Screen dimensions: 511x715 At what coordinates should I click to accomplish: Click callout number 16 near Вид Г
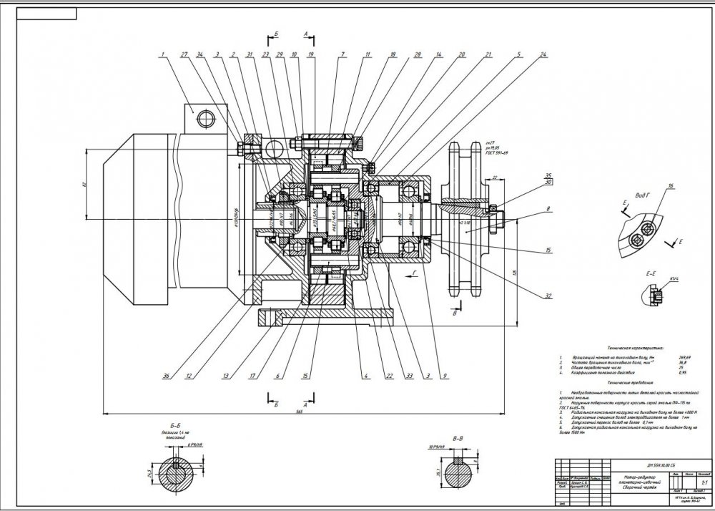coord(671,187)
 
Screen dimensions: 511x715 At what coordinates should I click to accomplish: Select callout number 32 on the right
coord(548,295)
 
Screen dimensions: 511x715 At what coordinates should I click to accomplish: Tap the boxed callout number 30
coord(548,182)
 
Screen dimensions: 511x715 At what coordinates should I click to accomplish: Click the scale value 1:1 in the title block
coord(704,484)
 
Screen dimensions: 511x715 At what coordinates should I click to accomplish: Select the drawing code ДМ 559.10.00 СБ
coord(618,464)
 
